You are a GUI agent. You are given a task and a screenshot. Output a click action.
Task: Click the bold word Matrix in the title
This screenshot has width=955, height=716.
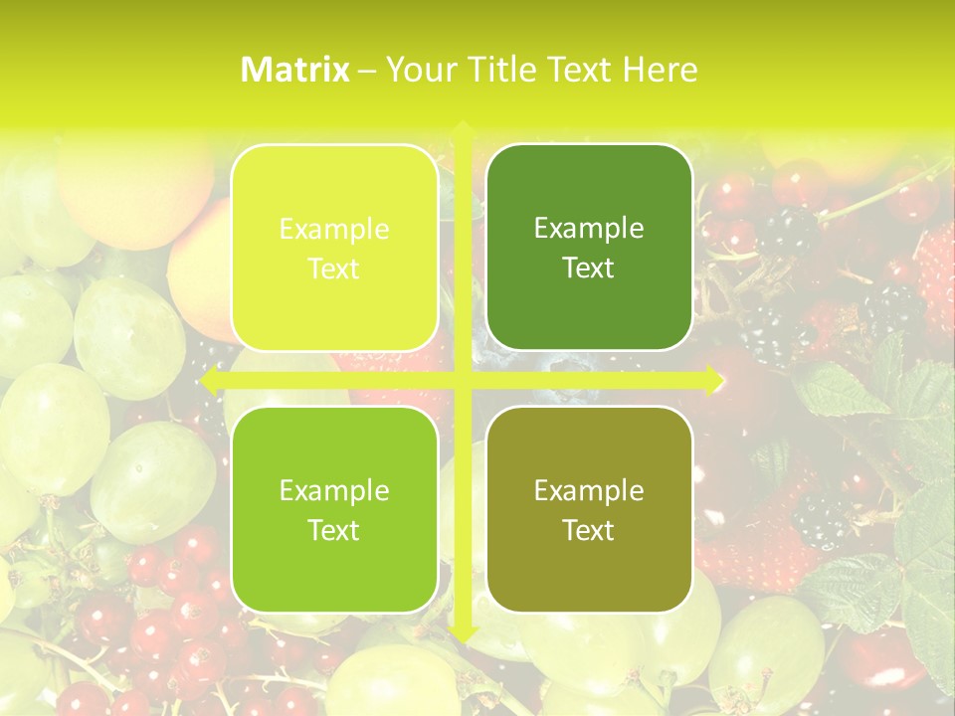[295, 70]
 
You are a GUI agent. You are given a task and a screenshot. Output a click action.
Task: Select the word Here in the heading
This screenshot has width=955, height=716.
[661, 70]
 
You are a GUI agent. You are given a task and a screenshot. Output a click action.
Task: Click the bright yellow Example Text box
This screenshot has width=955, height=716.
[334, 248]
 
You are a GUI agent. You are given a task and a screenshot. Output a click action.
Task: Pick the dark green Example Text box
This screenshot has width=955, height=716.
[589, 248]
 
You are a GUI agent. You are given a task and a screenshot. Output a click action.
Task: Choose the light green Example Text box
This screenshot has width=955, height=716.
[334, 509]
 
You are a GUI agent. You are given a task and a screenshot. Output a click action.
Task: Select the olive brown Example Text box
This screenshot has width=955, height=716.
[589, 509]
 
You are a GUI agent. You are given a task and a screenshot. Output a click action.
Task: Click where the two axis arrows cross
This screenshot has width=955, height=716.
[463, 381]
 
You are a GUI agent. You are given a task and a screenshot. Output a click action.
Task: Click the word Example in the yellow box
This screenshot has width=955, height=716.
[334, 230]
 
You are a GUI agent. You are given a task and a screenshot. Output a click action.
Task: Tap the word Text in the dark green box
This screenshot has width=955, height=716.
[589, 268]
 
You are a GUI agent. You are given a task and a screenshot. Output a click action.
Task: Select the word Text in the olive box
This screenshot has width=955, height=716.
[589, 530]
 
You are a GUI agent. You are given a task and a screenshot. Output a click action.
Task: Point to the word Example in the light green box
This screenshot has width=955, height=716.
[334, 491]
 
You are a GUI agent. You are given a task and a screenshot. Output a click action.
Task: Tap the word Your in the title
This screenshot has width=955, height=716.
[417, 70]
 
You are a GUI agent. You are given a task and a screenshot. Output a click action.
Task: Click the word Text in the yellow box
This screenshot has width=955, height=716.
[334, 269]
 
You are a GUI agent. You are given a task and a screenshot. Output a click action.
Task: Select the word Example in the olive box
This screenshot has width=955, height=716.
[589, 490]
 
